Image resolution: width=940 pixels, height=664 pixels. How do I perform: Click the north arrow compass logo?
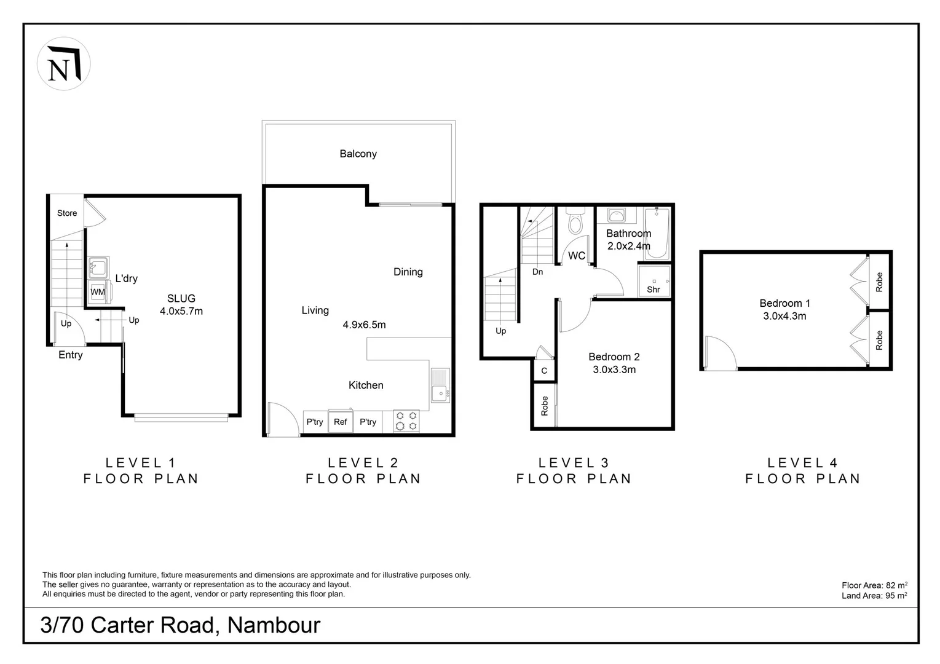[x=64, y=64]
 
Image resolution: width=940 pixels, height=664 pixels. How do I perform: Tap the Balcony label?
[x=358, y=154]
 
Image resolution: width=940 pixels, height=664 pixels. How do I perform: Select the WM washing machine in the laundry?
[x=98, y=291]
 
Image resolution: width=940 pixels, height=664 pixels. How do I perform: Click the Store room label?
[x=67, y=213]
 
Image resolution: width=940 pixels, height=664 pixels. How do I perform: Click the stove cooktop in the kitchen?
[x=406, y=421]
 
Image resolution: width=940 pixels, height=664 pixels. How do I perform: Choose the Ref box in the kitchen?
[x=341, y=421]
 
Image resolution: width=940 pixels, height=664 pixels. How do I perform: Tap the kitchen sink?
[x=440, y=385]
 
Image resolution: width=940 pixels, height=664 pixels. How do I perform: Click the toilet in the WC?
[x=575, y=221]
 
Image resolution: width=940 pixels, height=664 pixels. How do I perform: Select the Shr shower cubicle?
[x=654, y=280]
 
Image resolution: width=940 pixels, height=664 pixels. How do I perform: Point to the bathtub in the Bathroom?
[x=657, y=233]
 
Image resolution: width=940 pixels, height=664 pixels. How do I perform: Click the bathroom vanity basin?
[x=616, y=216]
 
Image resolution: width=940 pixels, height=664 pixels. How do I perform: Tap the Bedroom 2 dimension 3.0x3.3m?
[x=614, y=370]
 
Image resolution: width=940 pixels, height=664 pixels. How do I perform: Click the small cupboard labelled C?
[x=544, y=370]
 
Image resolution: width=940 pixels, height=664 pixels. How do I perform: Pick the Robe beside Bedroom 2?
[x=545, y=406]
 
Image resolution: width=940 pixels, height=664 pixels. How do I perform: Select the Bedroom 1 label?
[x=784, y=303]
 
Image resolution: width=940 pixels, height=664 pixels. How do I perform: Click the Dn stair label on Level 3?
[x=537, y=272]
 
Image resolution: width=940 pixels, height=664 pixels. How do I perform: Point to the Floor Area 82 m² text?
[x=875, y=585]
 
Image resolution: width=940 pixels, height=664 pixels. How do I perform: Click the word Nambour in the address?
[x=274, y=625]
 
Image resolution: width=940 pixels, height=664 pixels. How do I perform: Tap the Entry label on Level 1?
[x=71, y=355]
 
